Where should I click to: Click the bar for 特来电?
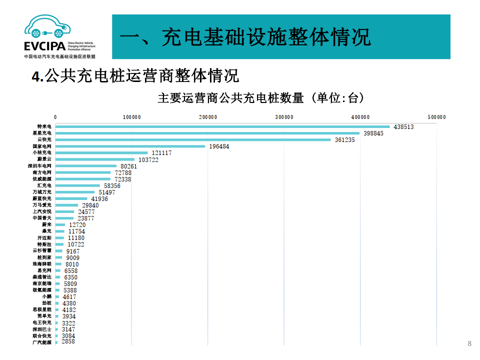[x=222, y=127]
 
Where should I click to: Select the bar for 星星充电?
[x=207, y=133]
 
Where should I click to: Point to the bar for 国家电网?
[x=130, y=146]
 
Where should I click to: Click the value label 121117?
[x=161, y=153]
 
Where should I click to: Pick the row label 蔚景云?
[x=44, y=159]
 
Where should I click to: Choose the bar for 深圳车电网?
[x=86, y=166]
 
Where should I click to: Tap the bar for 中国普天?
[x=64, y=218]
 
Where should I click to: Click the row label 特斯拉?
[x=44, y=244]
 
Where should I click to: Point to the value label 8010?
[x=72, y=264]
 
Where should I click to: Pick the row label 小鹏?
[x=46, y=296]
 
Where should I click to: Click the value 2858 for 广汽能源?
[x=68, y=341]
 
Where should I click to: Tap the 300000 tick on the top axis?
[x=284, y=117]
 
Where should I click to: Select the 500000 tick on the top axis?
[x=436, y=117]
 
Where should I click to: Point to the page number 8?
[x=469, y=343]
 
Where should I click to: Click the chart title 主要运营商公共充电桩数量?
[x=230, y=98]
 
